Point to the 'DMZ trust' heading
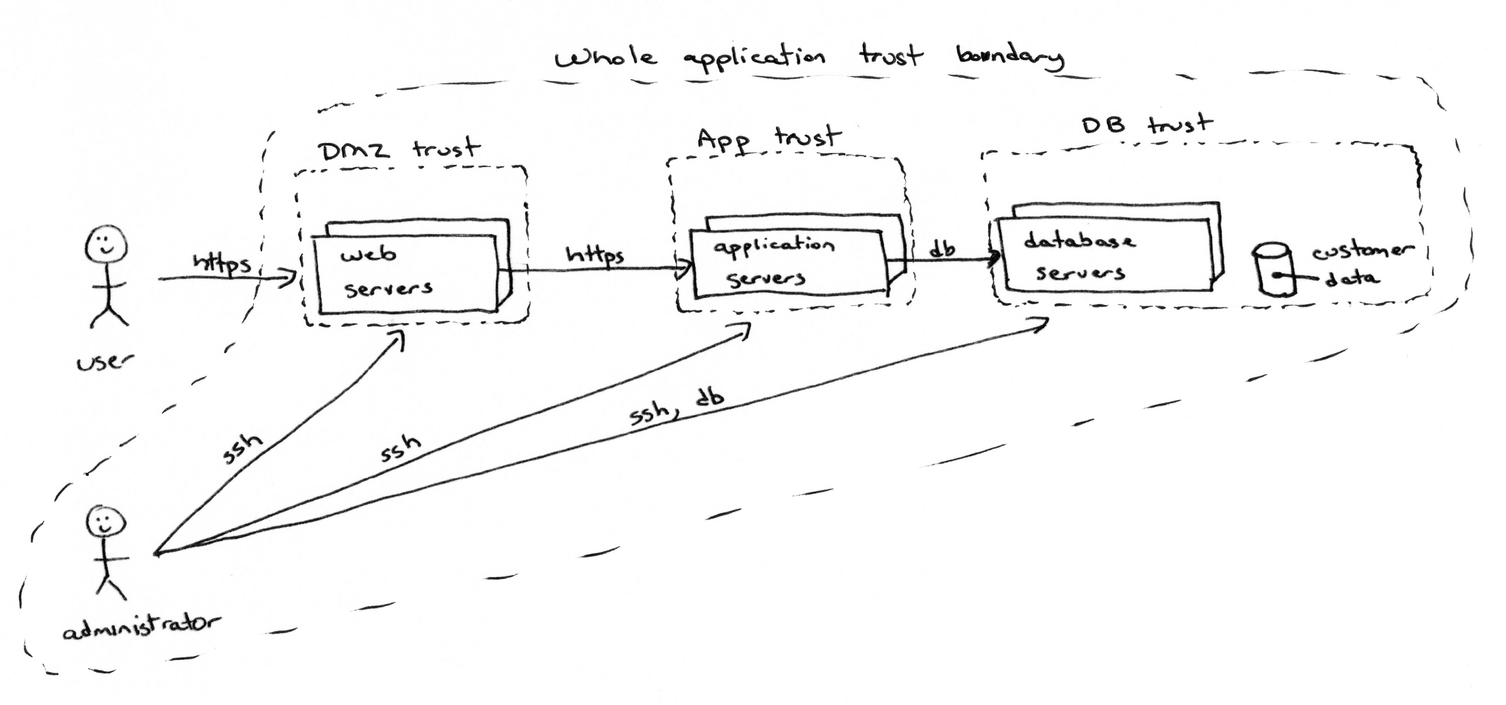tap(399, 149)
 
